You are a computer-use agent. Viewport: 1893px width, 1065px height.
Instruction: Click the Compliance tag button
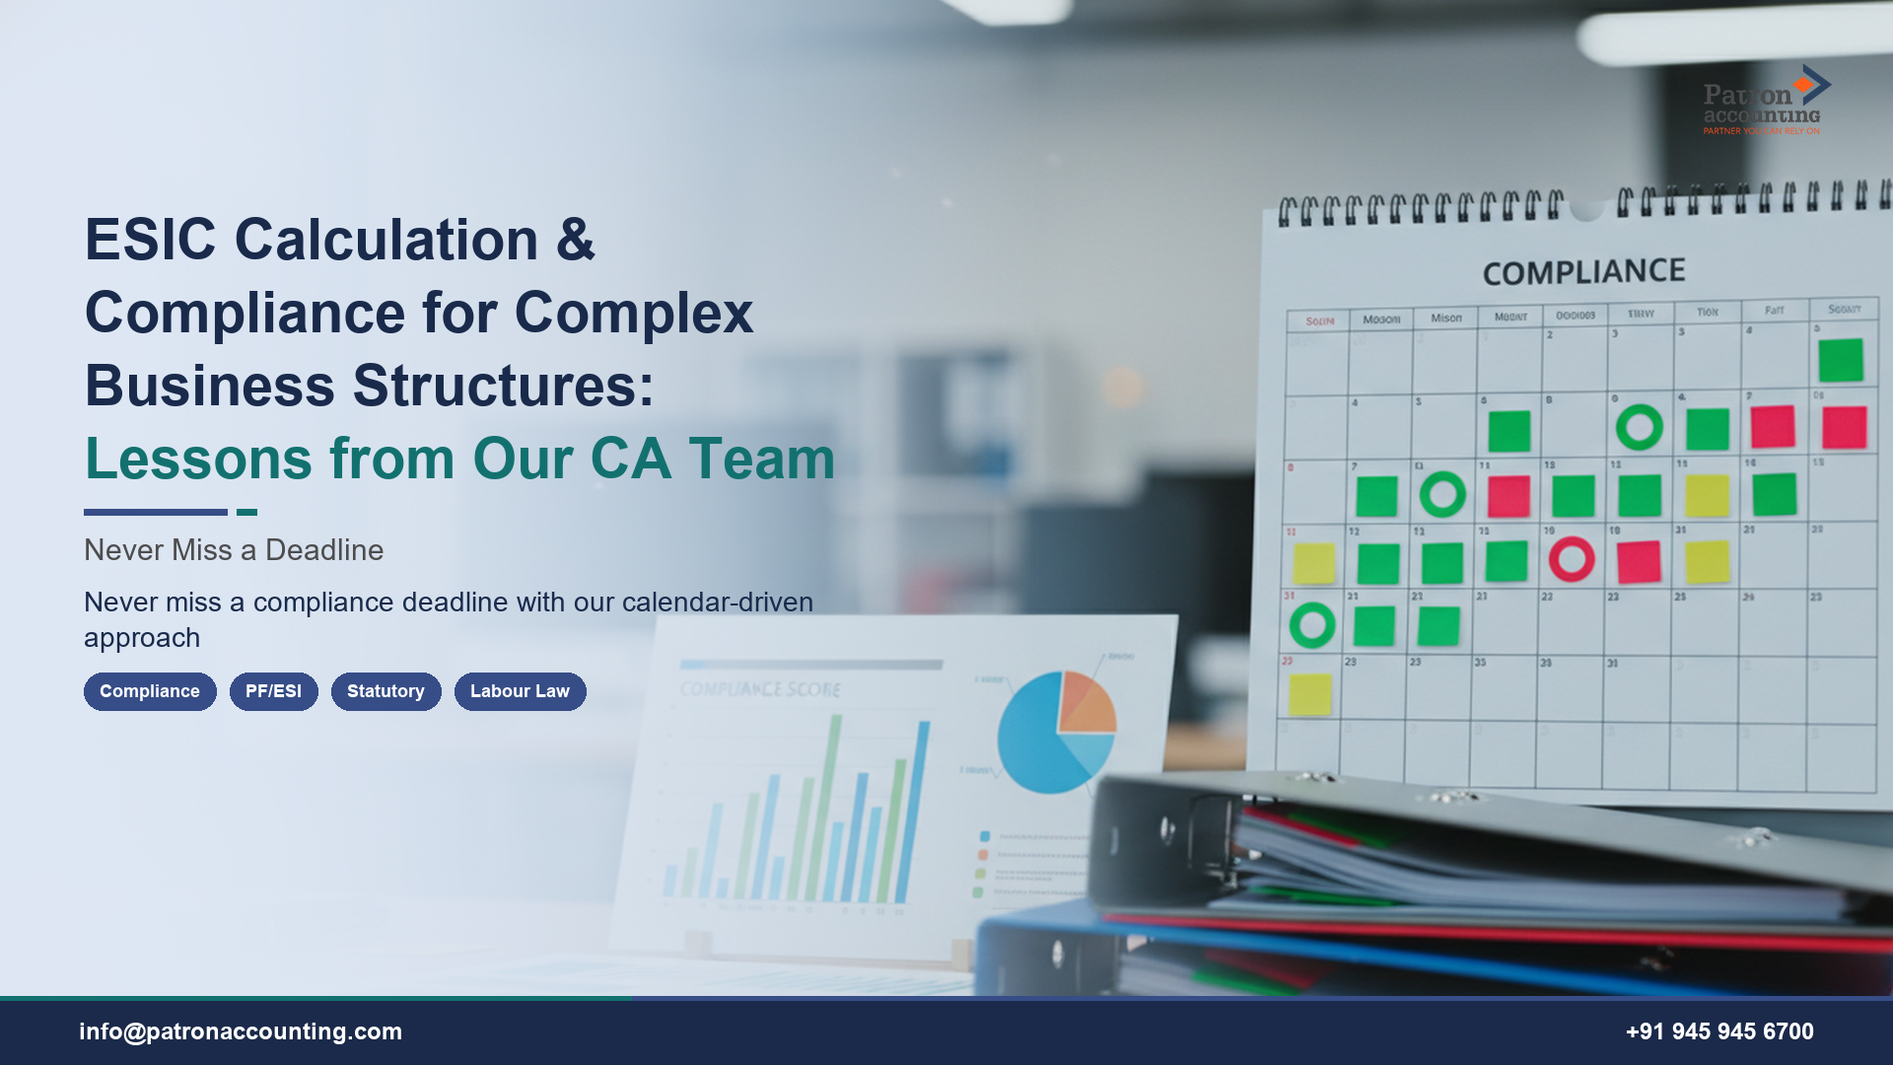pyautogui.click(x=150, y=691)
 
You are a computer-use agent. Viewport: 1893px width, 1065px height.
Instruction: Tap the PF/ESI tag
pyautogui.click(x=273, y=691)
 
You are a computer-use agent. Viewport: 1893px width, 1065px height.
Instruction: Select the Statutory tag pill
pyautogui.click(x=386, y=691)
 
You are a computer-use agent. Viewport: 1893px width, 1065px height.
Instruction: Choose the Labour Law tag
pyautogui.click(x=520, y=691)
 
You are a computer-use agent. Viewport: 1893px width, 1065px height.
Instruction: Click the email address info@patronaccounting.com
pyautogui.click(x=241, y=1031)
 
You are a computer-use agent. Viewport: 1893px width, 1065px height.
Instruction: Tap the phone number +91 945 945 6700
pyautogui.click(x=1719, y=1031)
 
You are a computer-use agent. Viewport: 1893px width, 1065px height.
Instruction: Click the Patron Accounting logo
pyautogui.click(x=1764, y=102)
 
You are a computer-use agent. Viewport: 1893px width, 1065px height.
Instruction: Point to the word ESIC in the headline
pyautogui.click(x=150, y=240)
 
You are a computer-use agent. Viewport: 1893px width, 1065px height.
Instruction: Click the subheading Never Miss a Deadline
pyautogui.click(x=234, y=550)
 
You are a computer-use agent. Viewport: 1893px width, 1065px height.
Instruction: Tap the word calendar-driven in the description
pyautogui.click(x=717, y=602)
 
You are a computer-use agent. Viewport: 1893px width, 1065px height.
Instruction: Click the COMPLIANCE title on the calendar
pyautogui.click(x=1583, y=272)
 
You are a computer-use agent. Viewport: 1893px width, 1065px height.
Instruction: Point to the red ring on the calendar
pyautogui.click(x=1572, y=559)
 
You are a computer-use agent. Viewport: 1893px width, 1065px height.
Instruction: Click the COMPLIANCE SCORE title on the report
pyautogui.click(x=760, y=689)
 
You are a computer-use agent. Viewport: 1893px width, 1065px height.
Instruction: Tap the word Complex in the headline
pyautogui.click(x=633, y=313)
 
